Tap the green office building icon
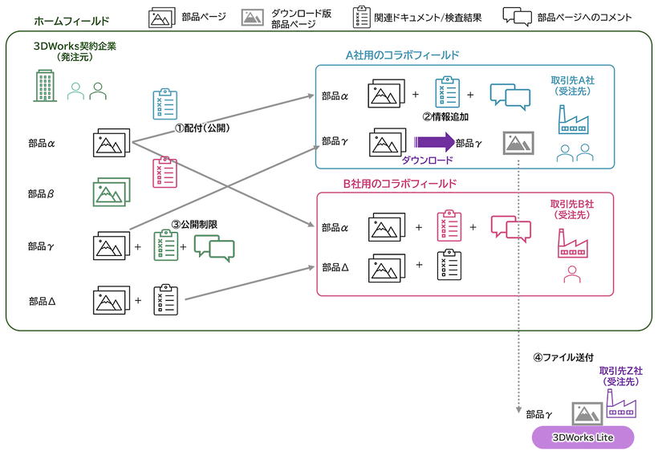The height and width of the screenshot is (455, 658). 45,87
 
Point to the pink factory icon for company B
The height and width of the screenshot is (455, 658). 573,242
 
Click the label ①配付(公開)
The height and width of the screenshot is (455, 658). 202,128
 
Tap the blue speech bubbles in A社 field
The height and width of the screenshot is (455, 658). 510,96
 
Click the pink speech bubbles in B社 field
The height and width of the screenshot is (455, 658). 510,229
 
